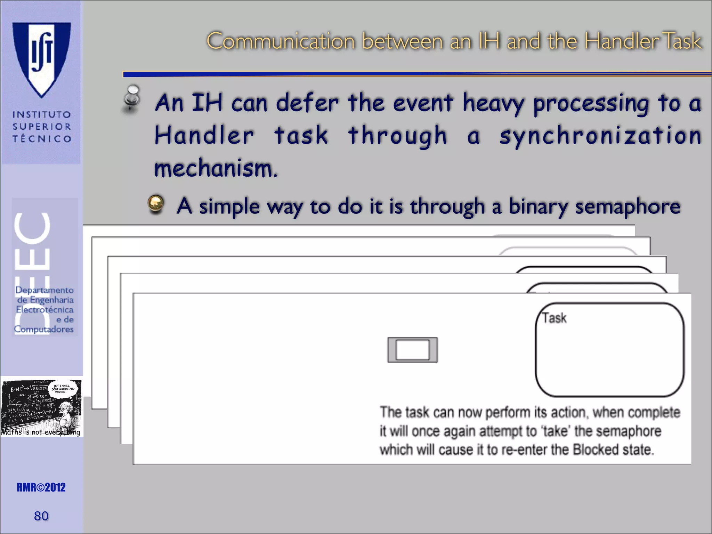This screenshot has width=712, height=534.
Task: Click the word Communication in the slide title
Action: point(281,41)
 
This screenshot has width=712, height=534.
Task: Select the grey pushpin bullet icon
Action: point(132,99)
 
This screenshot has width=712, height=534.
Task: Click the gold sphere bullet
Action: point(156,204)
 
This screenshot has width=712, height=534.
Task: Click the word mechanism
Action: point(216,169)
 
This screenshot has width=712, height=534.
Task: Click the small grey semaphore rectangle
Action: point(412,350)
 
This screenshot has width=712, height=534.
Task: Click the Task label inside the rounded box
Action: point(555,318)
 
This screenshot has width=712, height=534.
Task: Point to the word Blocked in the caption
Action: point(595,450)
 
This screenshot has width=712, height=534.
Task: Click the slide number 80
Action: point(41,516)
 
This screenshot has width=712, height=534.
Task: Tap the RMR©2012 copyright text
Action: point(41,487)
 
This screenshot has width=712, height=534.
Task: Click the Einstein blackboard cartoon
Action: point(41,407)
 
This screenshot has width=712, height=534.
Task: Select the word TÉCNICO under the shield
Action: point(42,139)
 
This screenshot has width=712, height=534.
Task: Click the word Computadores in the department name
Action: point(44,329)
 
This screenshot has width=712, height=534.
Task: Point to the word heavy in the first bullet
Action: point(493,103)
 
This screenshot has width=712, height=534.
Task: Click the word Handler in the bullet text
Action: point(204,136)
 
